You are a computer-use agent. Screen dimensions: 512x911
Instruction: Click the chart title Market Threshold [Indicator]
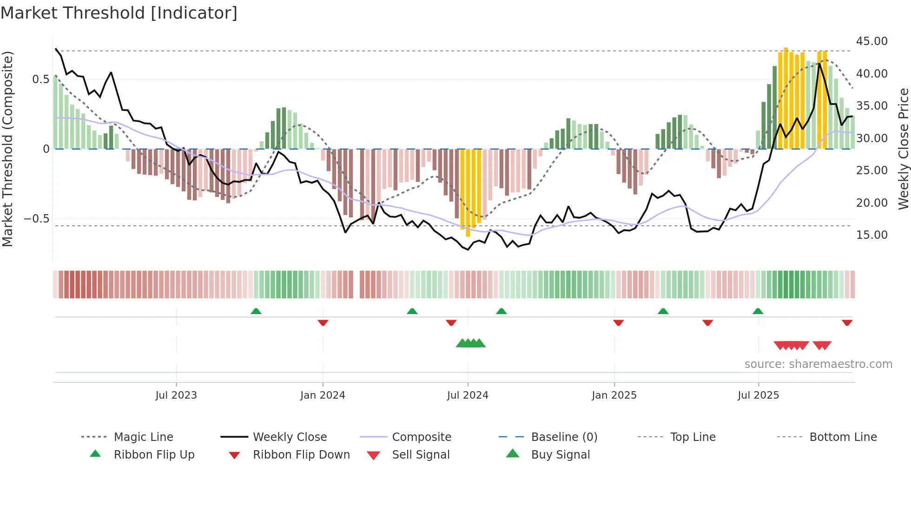119,13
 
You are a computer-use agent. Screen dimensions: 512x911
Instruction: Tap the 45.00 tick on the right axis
871,41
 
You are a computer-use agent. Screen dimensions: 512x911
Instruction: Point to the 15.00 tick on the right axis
871,235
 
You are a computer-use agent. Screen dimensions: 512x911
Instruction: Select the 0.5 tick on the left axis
41,79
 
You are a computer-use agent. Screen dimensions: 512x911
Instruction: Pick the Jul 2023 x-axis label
176,395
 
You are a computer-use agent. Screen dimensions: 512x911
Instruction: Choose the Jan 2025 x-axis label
614,395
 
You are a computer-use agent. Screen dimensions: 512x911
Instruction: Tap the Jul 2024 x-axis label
468,395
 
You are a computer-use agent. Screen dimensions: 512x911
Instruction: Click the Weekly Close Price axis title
903,149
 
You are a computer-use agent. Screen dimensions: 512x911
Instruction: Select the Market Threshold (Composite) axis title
7,149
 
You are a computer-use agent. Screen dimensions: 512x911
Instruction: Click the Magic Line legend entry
143,437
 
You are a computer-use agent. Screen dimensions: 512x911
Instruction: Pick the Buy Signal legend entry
560,455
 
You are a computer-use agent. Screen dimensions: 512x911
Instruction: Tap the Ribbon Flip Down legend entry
301,455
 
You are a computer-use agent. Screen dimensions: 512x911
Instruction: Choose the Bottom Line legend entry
843,437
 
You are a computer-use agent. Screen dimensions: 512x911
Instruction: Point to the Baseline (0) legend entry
564,437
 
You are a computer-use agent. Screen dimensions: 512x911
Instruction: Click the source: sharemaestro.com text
818,364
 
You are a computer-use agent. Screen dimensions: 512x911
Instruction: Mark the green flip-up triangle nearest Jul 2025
758,311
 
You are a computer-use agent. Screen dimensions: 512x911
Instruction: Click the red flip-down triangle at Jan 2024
323,322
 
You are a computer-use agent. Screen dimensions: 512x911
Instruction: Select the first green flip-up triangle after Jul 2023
256,311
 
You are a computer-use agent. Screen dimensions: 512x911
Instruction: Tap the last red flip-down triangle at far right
847,322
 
